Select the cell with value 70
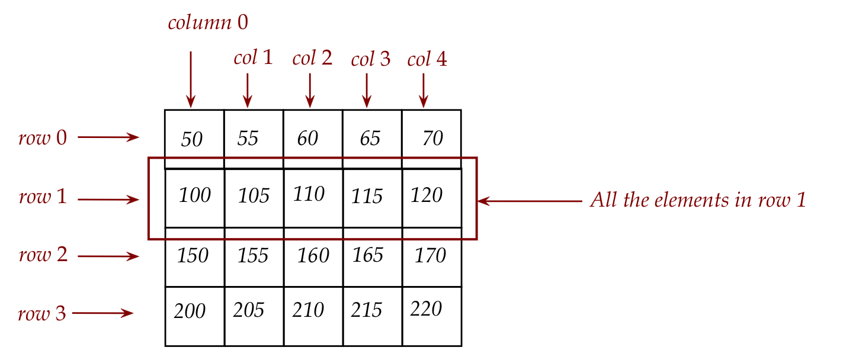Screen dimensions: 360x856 point(432,139)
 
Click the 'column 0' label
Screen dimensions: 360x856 point(208,23)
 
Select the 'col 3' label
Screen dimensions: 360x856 point(371,59)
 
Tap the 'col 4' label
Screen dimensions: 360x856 point(427,59)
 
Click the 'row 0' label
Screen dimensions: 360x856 point(43,138)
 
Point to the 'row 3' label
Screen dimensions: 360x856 point(41,314)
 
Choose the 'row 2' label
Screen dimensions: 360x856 point(43,256)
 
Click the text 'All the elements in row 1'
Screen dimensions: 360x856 point(698,201)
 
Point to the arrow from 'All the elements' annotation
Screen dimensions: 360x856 point(530,201)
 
